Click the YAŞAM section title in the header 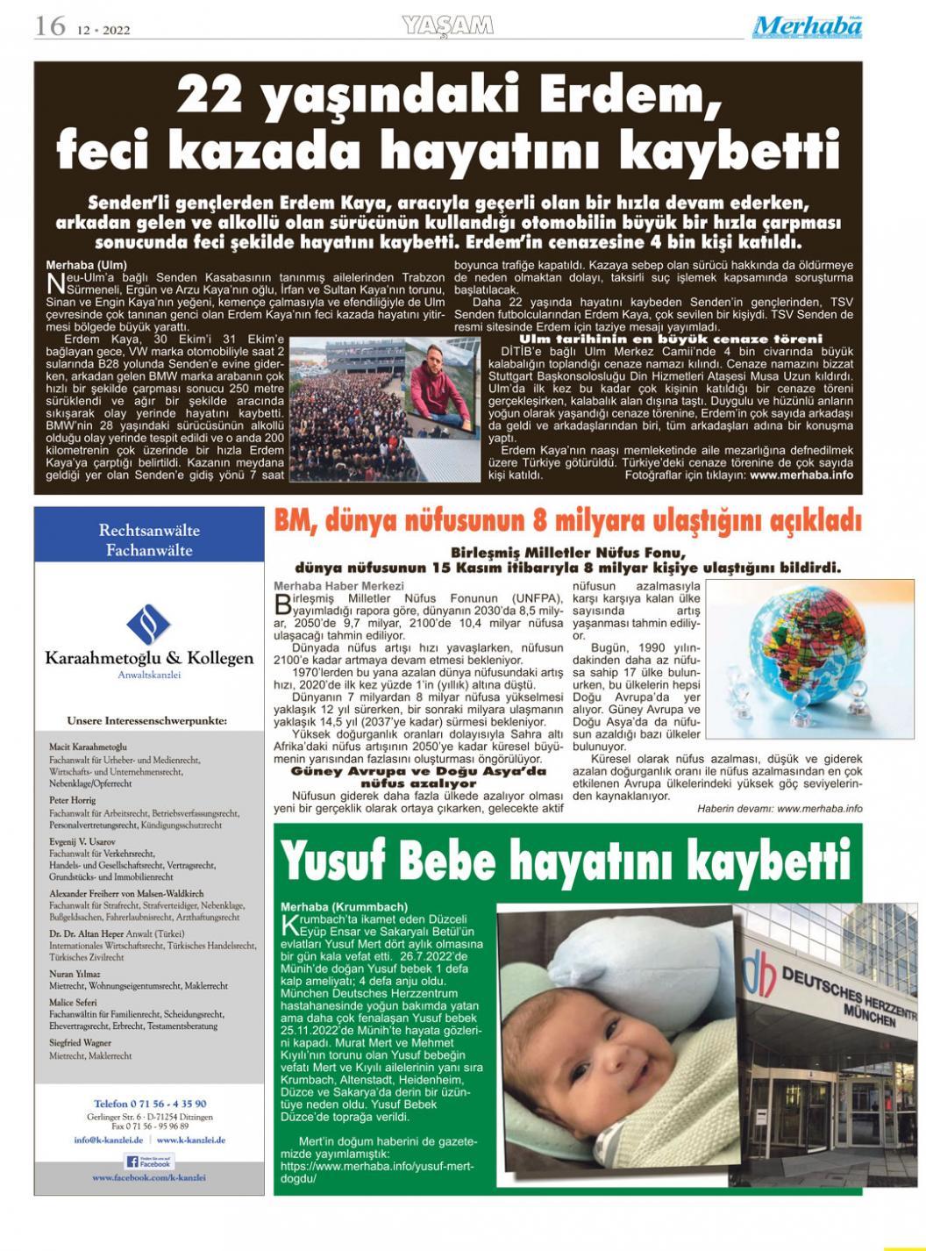click(x=447, y=27)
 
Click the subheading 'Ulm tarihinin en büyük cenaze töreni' click(x=671, y=339)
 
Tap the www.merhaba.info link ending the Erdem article click(x=801, y=475)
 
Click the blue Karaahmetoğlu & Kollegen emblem click(x=148, y=625)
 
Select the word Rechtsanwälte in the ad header click(x=149, y=531)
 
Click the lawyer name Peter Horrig click(x=73, y=800)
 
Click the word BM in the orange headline click(x=294, y=521)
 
